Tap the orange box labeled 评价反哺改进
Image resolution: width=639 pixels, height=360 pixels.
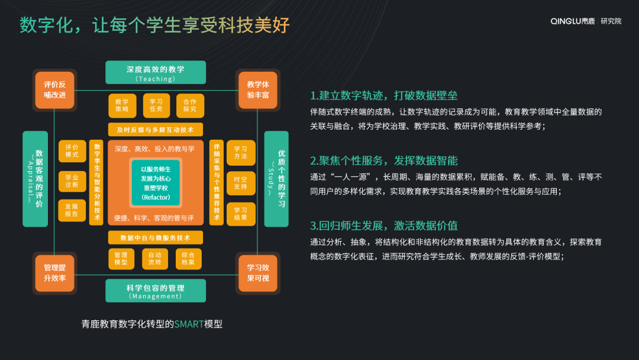[x=55, y=90]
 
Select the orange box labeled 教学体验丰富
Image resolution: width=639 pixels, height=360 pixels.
[x=257, y=90]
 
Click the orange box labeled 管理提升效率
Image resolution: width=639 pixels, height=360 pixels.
[x=55, y=273]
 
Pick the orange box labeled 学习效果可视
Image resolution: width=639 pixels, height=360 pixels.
[x=257, y=273]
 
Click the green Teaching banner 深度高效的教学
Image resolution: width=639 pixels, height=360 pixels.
[x=156, y=72]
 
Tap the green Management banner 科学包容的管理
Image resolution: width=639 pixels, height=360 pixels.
[x=156, y=291]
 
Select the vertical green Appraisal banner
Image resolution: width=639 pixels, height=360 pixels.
[x=35, y=179]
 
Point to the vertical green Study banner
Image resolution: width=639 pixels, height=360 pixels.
[x=276, y=179]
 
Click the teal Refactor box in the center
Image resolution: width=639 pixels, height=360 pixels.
[x=156, y=182]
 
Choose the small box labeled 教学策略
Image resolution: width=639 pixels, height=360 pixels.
[x=122, y=105]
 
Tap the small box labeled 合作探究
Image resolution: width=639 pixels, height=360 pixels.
[x=190, y=105]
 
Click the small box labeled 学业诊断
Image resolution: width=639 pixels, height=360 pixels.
[x=72, y=181]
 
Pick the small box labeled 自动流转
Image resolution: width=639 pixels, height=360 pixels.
[x=156, y=258]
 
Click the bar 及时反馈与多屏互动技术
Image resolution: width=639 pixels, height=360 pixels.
[x=156, y=129]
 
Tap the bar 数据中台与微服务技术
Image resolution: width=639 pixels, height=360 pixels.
[x=156, y=237]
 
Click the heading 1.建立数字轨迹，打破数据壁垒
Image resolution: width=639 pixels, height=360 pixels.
[x=384, y=95]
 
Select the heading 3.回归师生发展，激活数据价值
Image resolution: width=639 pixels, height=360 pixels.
[x=384, y=226]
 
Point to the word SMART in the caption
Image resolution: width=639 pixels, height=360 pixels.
[x=189, y=324]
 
